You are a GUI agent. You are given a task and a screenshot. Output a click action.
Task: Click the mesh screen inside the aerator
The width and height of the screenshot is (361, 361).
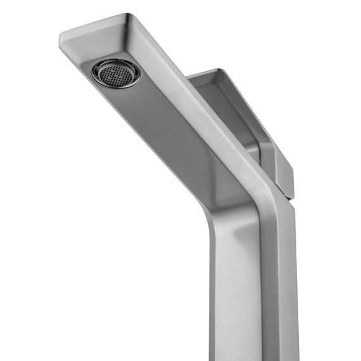coord(117,73)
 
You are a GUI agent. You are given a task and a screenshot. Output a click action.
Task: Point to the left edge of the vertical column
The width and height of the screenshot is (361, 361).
coord(214,298)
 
